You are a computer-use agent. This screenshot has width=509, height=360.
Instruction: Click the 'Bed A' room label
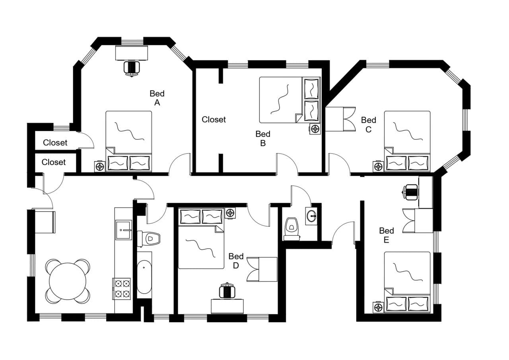(157, 98)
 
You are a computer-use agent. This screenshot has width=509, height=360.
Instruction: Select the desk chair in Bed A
(132, 68)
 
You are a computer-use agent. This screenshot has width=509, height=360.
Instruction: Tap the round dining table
(68, 281)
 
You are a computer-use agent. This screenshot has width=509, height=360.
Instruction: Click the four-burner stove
(122, 289)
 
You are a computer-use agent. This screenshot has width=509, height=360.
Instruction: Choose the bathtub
(144, 277)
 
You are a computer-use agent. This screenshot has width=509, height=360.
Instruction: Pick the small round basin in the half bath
(311, 216)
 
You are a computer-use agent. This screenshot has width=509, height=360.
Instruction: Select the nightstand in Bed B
(315, 129)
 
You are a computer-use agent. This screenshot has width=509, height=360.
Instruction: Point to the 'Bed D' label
(236, 261)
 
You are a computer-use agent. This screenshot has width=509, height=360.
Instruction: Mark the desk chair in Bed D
(227, 291)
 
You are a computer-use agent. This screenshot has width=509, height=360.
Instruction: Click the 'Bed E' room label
(387, 235)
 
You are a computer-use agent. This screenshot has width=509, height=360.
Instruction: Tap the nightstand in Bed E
(378, 307)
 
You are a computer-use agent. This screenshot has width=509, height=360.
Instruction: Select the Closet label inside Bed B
(214, 119)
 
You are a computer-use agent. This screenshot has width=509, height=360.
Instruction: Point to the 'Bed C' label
(369, 124)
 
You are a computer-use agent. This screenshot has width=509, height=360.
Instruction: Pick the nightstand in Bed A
(100, 166)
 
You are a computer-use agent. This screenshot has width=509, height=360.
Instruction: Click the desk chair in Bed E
(411, 192)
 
